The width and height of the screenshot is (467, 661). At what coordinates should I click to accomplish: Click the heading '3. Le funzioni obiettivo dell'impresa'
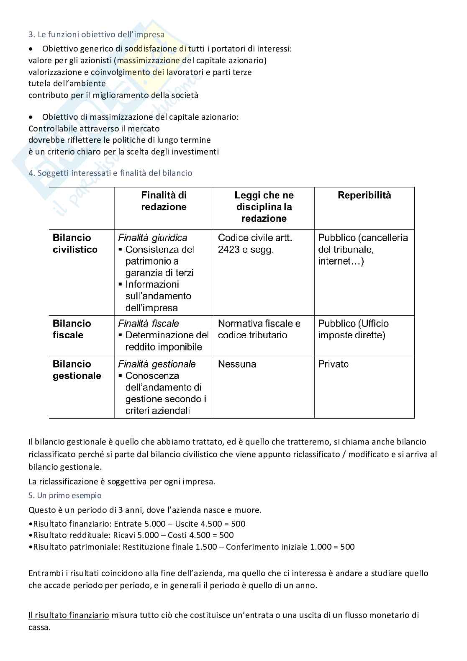96,35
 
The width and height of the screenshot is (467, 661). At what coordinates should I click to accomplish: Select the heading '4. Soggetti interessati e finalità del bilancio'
110,173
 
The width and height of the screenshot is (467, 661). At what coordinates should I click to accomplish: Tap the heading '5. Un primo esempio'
65,495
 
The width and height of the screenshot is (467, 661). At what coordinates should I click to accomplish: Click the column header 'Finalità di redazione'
164,201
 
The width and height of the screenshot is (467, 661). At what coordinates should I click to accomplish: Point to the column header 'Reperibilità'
364,195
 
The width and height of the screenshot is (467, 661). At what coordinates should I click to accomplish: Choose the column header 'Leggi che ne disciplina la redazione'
264,207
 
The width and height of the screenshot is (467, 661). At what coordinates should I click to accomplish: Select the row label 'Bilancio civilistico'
75,244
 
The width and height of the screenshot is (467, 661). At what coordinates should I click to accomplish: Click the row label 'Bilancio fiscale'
71,329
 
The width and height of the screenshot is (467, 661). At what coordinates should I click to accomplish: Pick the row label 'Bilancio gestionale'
77,370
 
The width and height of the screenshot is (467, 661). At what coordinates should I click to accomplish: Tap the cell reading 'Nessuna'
237,364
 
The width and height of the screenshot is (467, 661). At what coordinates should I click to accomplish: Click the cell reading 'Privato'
333,364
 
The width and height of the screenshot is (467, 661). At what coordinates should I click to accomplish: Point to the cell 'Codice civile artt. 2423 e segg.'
255,244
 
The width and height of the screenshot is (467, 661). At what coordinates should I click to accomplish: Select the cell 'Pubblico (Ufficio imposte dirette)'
353,329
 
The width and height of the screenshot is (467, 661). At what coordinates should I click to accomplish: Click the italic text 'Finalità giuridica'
152,238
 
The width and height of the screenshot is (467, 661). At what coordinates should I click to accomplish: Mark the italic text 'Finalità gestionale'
157,364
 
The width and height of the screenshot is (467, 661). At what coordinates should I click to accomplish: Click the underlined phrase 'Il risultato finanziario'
69,615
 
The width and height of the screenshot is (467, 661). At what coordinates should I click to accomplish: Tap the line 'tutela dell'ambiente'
67,83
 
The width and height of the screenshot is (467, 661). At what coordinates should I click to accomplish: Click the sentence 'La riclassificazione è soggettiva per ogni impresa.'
122,481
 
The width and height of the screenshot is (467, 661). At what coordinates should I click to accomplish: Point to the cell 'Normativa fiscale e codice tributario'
259,329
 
